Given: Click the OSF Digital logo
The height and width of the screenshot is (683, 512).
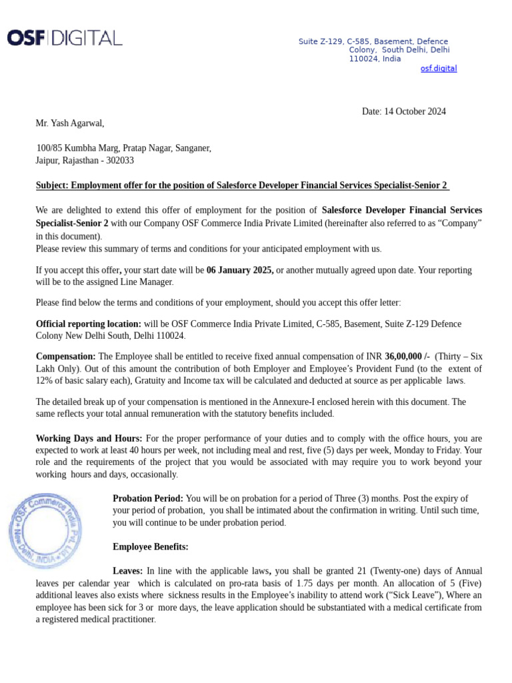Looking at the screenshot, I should point(65,38).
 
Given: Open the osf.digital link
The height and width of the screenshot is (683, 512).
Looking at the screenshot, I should point(438,69).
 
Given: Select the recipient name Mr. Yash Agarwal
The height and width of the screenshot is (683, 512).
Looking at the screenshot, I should point(70,123).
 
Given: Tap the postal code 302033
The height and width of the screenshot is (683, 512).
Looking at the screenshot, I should point(118,161).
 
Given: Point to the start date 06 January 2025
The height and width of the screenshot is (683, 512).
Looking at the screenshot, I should point(240,270).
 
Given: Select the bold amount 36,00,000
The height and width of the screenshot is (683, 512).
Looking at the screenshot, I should point(407,356).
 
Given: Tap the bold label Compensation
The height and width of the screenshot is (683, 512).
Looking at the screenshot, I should point(65,356).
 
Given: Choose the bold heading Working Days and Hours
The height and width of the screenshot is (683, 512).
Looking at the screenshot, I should point(89,438).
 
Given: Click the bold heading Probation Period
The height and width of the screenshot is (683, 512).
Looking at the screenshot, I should point(148,499).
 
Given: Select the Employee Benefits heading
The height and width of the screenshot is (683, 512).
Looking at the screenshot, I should point(151,547).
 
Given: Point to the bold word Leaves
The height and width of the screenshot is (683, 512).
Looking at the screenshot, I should point(128,572).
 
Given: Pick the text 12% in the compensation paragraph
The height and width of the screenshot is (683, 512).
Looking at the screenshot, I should point(45,381).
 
